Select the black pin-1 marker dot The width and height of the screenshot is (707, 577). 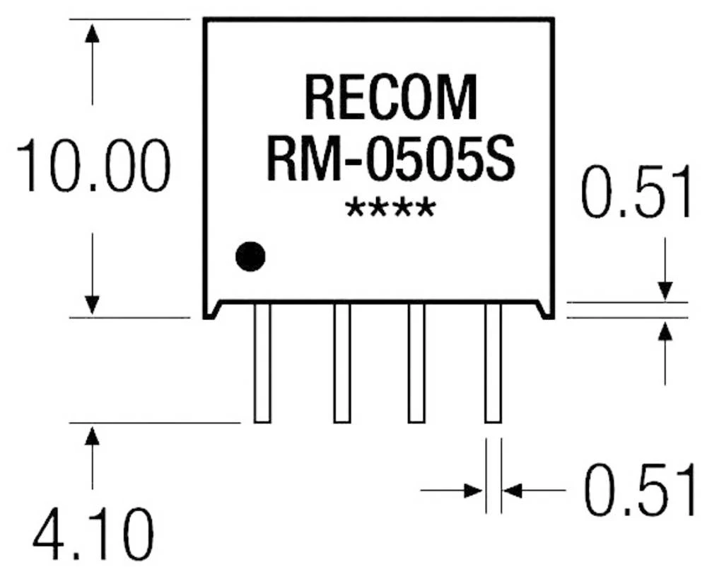tap(250, 256)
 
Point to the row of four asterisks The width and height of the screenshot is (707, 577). tap(390, 210)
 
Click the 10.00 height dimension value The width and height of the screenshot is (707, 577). tap(93, 167)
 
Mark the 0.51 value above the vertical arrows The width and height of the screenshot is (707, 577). tap(636, 192)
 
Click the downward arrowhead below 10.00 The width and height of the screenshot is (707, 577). tap(92, 304)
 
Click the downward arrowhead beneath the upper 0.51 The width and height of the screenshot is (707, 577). tap(665, 291)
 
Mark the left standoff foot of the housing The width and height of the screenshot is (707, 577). tap(211, 310)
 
